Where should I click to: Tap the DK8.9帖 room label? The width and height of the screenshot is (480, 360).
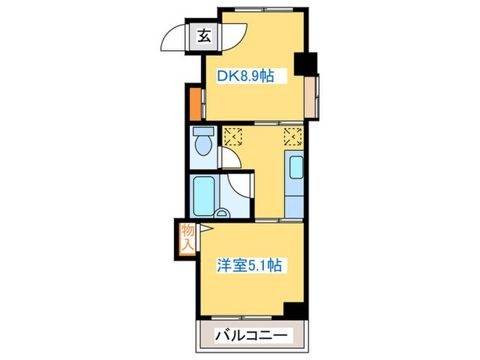[246, 77]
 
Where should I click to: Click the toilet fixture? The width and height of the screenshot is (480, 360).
[203, 143]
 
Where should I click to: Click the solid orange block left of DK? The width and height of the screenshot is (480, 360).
[195, 102]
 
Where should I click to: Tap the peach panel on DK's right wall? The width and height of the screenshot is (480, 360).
[312, 95]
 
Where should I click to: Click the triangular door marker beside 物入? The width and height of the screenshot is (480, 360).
[204, 232]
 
